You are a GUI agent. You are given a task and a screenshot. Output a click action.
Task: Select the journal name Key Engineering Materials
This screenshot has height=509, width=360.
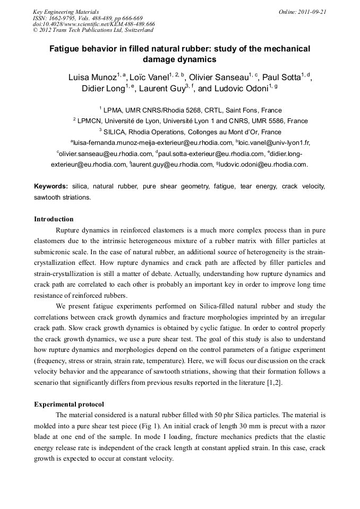coord(66,11)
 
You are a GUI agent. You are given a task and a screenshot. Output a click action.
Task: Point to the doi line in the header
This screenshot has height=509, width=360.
coord(93,24)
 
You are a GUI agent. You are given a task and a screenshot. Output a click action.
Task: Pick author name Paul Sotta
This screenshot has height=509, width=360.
coord(281,77)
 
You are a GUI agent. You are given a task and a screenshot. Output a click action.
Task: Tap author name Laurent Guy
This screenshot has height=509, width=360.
coord(161,89)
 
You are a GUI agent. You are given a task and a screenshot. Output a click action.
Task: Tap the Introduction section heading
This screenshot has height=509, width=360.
coord(54,219)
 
